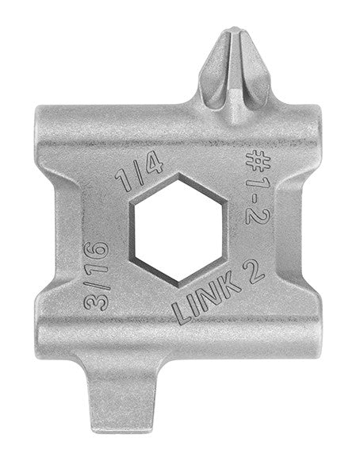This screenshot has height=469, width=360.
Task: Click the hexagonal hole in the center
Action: tap(178, 231)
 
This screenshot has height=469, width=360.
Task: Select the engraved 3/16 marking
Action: tap(97, 275)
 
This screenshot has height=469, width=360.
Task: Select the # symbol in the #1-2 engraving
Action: tap(258, 160)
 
